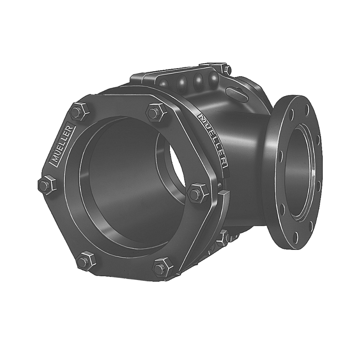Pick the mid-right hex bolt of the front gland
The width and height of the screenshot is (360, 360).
[x=195, y=193]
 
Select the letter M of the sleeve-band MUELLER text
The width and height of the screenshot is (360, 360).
[x=202, y=116]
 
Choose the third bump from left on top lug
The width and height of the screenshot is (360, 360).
[x=198, y=80]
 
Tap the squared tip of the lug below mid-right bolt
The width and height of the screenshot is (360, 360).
[x=224, y=196]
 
